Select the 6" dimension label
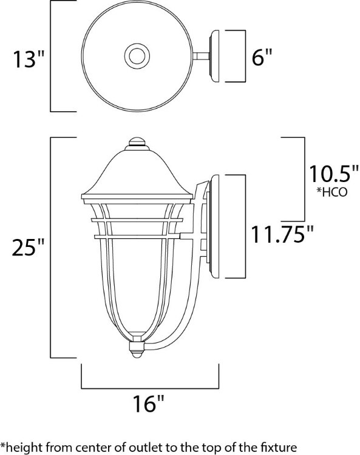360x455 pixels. (x=261, y=58)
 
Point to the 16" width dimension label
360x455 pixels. (x=149, y=403)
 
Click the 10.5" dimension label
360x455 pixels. (x=331, y=174)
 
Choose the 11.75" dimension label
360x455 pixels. (x=285, y=234)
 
